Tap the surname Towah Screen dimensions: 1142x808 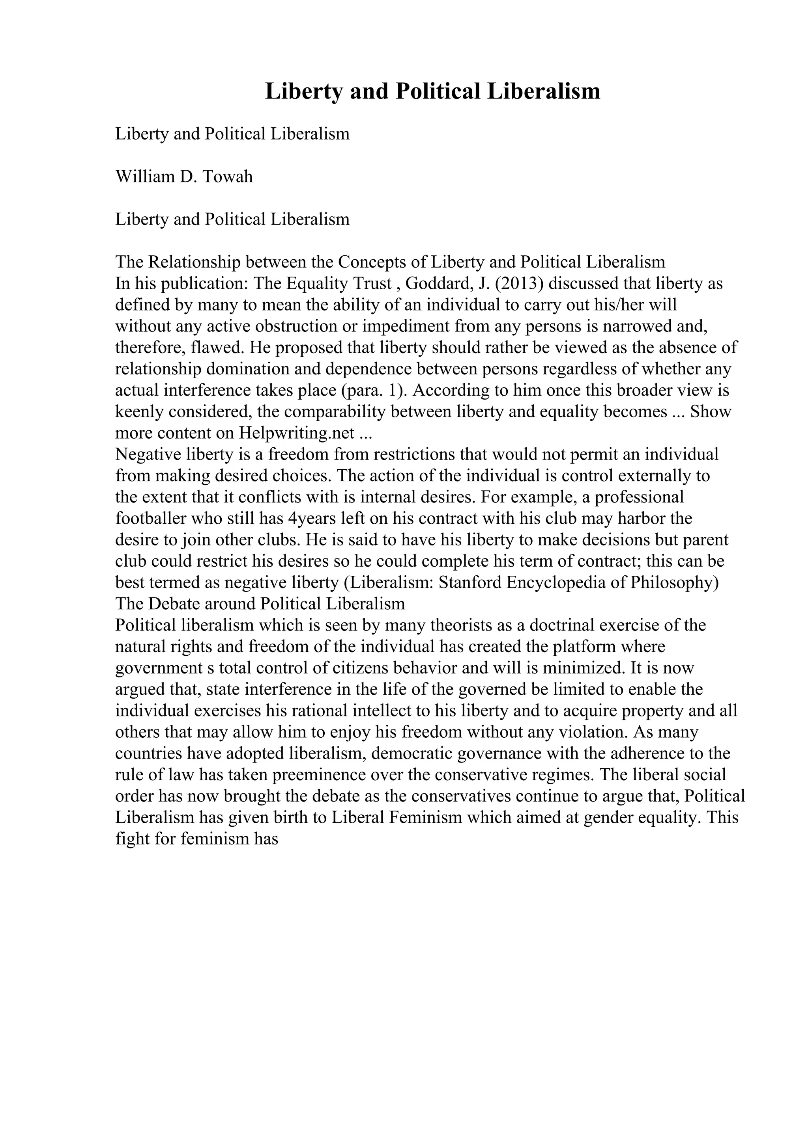[228, 177]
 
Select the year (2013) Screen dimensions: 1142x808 [519, 283]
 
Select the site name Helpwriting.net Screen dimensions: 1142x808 [297, 433]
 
